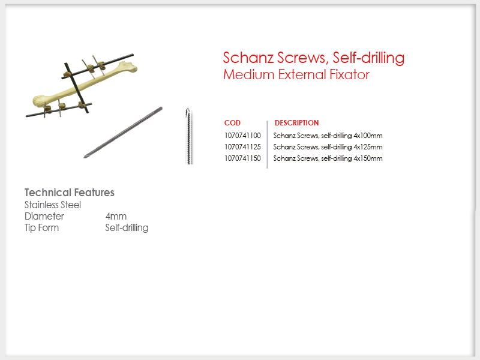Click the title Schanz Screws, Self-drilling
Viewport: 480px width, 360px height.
[x=313, y=58]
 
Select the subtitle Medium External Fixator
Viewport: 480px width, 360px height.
[x=296, y=74]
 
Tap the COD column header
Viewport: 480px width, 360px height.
[x=232, y=123]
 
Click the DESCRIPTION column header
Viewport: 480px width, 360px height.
[x=296, y=123]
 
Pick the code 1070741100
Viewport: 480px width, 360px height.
[x=242, y=136]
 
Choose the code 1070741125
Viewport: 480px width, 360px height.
[x=242, y=147]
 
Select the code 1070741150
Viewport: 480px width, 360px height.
[x=242, y=158]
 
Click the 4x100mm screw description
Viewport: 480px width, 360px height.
[x=328, y=136]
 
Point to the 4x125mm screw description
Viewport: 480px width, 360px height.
[x=328, y=147]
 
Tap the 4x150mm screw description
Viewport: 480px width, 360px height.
[x=328, y=158]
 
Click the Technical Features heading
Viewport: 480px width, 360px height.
[x=70, y=193]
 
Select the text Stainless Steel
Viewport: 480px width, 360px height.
[x=53, y=205]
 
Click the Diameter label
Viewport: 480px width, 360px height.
[x=44, y=216]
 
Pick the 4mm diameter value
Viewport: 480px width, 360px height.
[x=116, y=217]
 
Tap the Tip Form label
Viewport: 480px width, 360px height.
[x=41, y=228]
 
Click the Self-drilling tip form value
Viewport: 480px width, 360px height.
[x=127, y=228]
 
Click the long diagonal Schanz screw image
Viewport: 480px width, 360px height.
[x=123, y=132]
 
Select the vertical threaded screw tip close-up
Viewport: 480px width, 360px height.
[x=189, y=136]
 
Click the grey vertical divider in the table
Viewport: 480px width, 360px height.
[x=267, y=145]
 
